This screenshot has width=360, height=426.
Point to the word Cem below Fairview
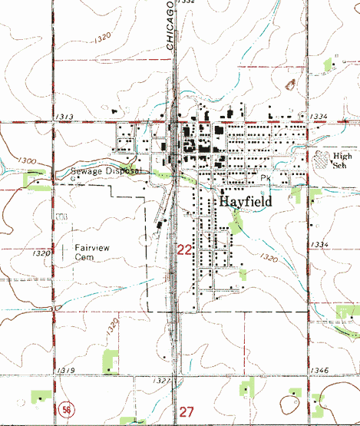[x=84, y=259]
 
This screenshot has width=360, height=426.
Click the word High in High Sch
[x=342, y=156]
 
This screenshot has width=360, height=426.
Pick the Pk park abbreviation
[x=266, y=178]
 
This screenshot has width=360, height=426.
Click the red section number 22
[x=185, y=250]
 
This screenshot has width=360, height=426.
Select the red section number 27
[x=187, y=412]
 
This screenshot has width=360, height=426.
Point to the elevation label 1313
[x=64, y=116]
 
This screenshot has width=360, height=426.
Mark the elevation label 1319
[x=65, y=372]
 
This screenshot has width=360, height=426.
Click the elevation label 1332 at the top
[x=184, y=3]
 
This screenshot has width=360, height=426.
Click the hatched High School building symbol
[x=322, y=158]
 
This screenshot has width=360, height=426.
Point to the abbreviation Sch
[x=342, y=165]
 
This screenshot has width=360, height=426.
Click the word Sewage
[x=85, y=171]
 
